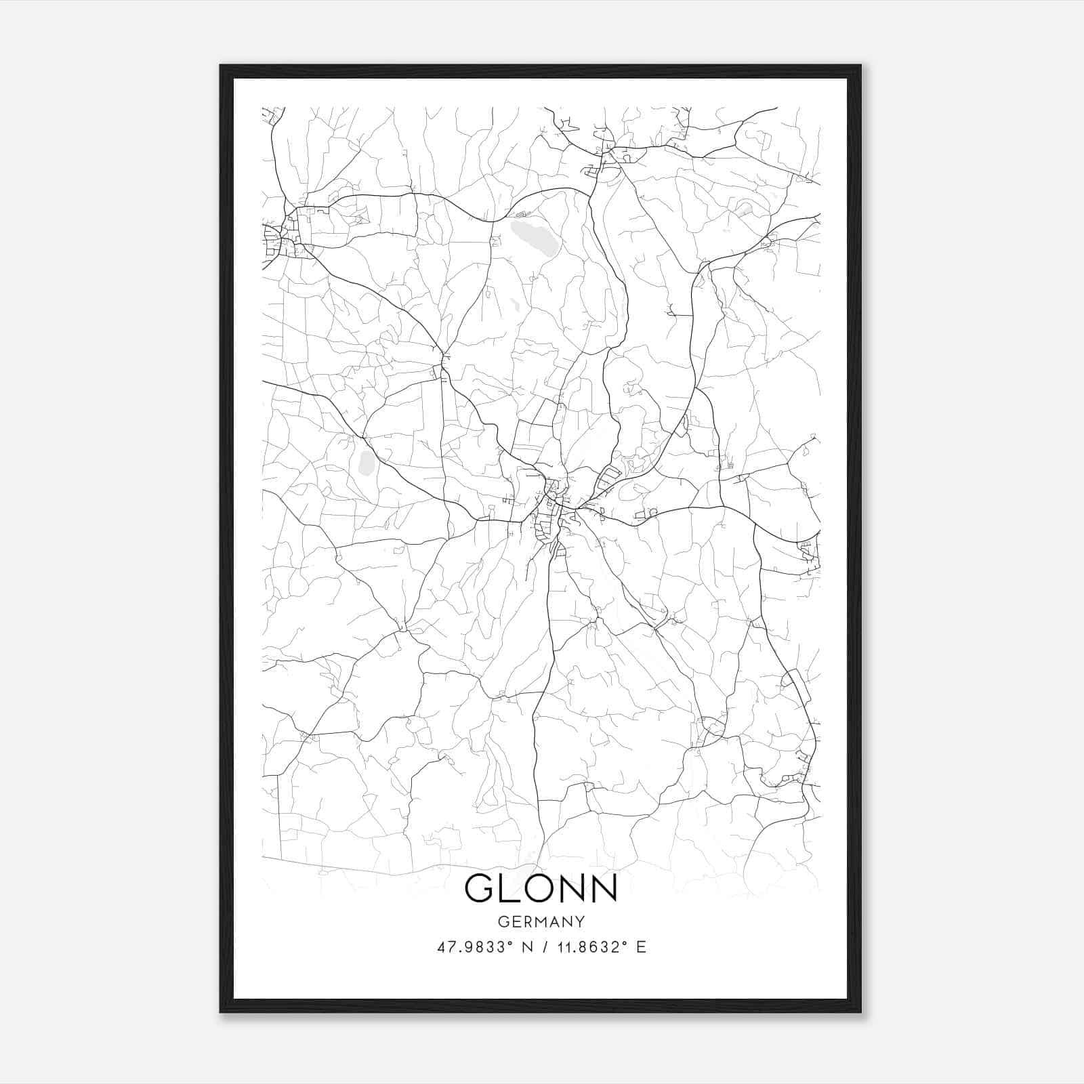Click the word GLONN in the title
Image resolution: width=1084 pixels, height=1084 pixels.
click(541, 888)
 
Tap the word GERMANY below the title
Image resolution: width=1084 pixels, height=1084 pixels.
click(541, 922)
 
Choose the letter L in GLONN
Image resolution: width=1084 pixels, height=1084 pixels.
click(510, 888)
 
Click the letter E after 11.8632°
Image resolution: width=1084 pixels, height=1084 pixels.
click(641, 947)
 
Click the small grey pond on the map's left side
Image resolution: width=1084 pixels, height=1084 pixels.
click(367, 462)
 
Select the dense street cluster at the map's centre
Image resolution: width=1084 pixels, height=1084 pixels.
click(552, 505)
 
